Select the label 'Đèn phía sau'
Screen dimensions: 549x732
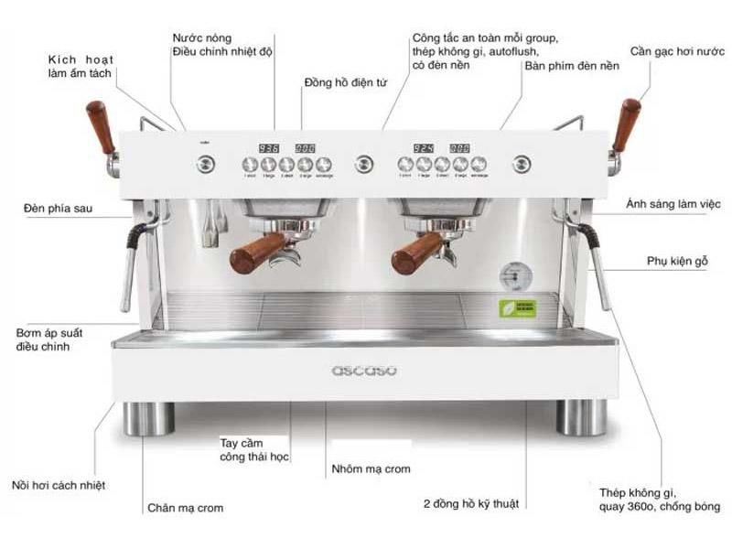(58, 209)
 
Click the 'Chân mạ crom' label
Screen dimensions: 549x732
(185, 508)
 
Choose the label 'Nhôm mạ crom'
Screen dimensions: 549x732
(371, 469)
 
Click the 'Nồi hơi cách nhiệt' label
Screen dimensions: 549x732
(58, 486)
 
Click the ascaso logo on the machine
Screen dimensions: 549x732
(364, 370)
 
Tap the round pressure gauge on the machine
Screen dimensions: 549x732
(511, 275)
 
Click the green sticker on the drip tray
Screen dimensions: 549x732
(511, 309)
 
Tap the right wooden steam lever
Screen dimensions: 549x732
(627, 124)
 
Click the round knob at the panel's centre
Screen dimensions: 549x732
(364, 164)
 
